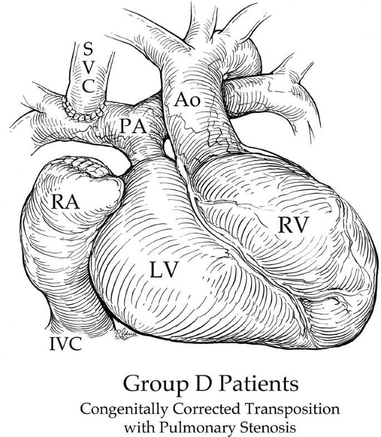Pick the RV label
293,226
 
